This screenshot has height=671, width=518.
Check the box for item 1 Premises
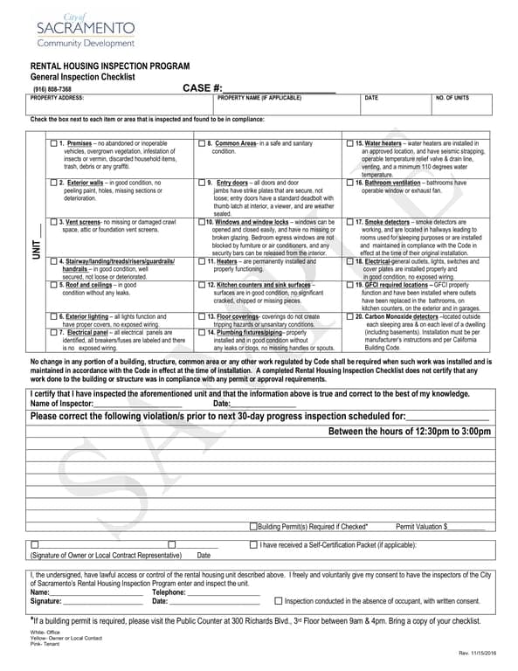54,143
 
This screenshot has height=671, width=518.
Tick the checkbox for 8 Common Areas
203,143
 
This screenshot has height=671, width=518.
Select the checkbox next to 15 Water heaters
350,143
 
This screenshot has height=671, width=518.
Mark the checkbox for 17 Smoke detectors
350,223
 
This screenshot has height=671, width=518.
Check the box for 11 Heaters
203,261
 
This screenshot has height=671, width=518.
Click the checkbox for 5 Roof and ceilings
54,285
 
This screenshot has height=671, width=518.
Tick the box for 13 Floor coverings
203,316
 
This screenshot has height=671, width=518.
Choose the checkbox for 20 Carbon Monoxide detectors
350,316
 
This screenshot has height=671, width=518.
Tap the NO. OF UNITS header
452,98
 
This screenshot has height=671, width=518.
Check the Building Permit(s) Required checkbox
253,526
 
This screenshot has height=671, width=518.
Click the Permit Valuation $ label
422,527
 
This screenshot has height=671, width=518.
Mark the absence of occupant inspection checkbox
279,600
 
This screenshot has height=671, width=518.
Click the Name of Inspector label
61,404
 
